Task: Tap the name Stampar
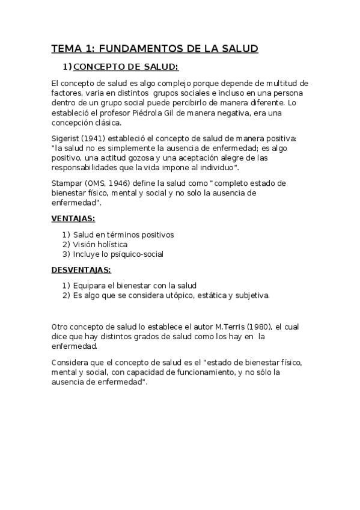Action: [x=67, y=183]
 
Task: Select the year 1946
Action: [x=128, y=183]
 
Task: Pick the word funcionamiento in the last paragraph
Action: [x=200, y=373]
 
